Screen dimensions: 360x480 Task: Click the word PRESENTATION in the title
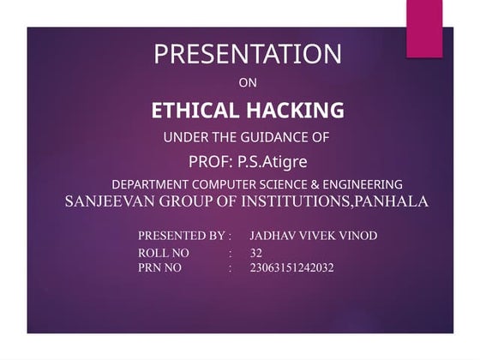(x=247, y=54)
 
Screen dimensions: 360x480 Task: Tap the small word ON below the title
(x=247, y=83)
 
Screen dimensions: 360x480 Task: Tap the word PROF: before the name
(x=209, y=160)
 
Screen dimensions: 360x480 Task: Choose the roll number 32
(x=256, y=254)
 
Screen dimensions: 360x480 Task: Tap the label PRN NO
(x=160, y=268)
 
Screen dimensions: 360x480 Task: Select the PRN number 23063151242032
(x=291, y=268)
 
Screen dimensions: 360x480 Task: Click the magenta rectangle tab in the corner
(x=424, y=27)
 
